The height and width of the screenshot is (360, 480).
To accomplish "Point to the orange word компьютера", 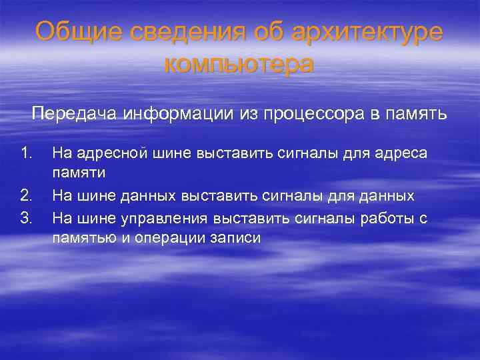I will (x=239, y=65).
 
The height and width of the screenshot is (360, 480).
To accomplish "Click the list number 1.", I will (x=27, y=154).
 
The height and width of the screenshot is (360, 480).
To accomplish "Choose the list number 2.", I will (x=27, y=196).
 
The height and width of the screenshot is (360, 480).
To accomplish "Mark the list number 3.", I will (x=27, y=217).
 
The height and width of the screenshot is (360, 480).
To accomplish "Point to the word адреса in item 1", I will (x=402, y=154).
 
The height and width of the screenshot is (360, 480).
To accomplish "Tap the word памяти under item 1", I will (x=73, y=174).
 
